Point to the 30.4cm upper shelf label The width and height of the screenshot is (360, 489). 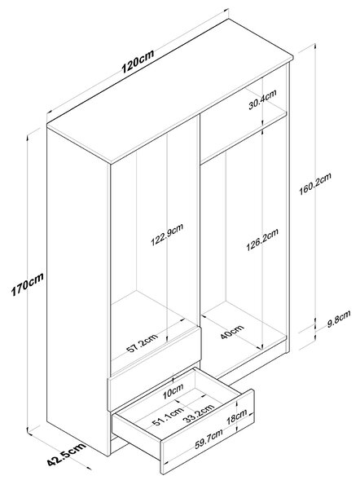pos(262,99)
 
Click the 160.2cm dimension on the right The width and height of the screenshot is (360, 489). pos(315,183)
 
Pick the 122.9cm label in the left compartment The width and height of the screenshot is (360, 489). pos(167,235)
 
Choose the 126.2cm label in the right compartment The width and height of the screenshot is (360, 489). pos(261,240)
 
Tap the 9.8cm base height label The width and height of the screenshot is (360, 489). pos(339,319)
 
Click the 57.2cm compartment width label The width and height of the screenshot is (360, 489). pos(143,342)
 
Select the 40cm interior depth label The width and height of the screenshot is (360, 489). pos(232,332)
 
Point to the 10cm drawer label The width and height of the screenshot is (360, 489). pos(173,391)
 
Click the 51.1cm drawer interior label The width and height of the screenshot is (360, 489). pos(168,416)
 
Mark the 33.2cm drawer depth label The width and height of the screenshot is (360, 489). pos(199,413)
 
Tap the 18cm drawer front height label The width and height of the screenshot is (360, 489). pos(236,416)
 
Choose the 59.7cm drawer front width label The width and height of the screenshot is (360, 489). pos(209,438)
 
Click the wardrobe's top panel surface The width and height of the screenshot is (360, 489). pos(170,90)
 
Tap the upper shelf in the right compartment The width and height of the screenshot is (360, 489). pos(243,136)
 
